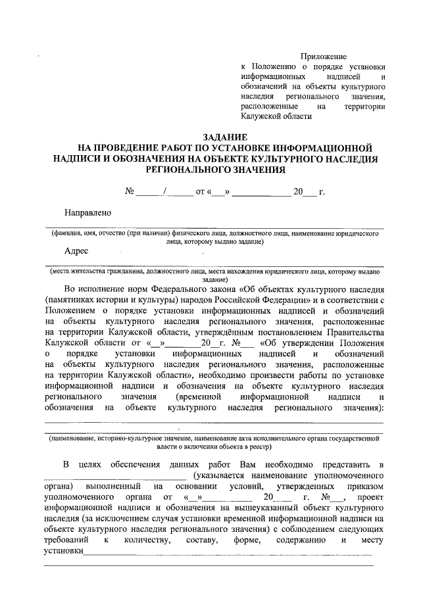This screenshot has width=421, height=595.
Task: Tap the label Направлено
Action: [87, 212]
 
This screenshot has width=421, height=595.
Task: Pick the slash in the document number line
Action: [166, 192]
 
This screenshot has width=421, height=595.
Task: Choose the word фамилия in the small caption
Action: [69, 232]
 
